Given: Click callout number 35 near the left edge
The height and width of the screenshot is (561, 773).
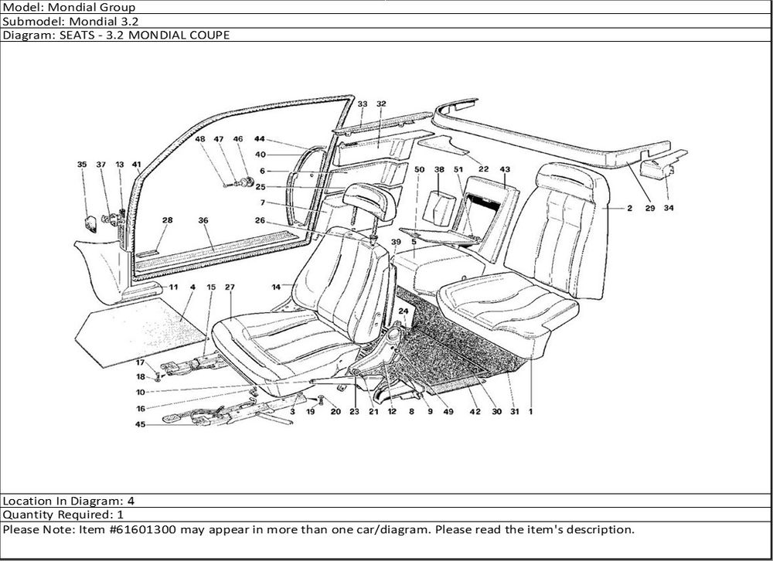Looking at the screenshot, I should click(82, 165).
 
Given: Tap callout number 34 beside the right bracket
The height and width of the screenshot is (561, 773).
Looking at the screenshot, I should click(668, 208).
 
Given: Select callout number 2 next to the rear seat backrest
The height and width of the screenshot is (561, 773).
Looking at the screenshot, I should click(630, 208).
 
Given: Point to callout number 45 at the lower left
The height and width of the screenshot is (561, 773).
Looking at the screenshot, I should click(140, 423).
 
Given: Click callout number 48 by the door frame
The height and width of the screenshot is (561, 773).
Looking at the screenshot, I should click(199, 139).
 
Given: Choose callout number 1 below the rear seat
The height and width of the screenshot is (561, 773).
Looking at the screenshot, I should click(532, 412).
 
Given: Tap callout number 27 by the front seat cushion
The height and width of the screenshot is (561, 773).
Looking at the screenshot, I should click(229, 287).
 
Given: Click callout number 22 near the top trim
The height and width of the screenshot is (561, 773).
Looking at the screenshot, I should click(483, 168).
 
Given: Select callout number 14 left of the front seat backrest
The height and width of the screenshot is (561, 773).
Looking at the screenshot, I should click(275, 287).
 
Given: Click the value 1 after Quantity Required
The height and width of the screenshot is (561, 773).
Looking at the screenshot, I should click(120, 515).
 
